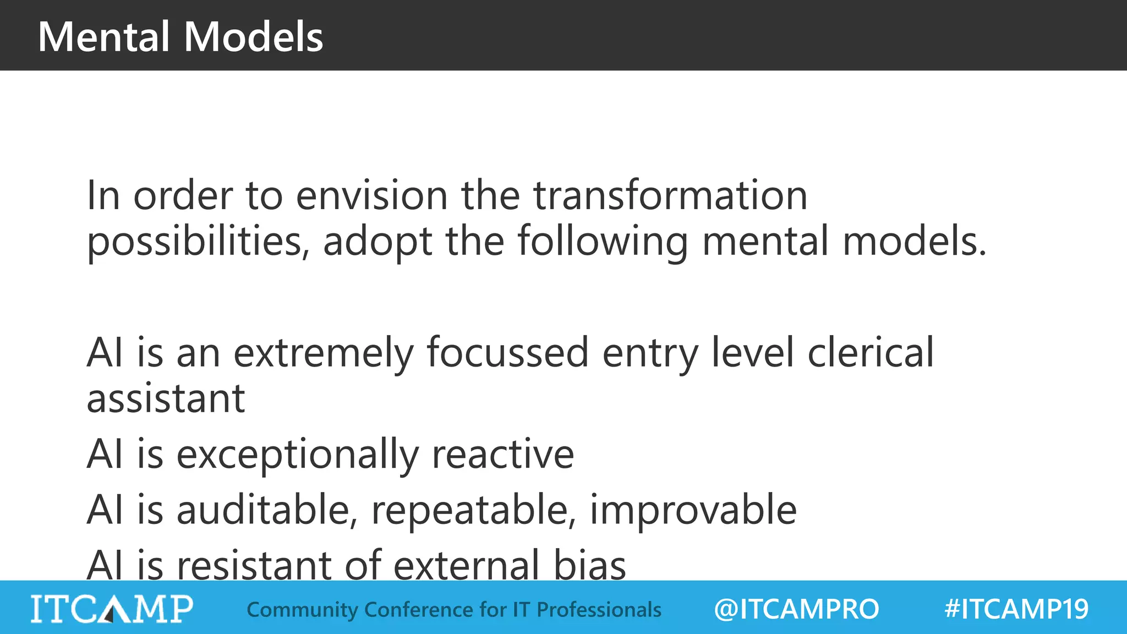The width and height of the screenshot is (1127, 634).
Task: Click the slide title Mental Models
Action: click(180, 37)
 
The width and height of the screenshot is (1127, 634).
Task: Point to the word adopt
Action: click(378, 242)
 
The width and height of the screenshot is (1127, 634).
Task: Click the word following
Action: click(603, 242)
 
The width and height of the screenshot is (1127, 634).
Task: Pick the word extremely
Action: click(324, 353)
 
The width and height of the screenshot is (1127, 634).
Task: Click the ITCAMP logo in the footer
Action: click(112, 609)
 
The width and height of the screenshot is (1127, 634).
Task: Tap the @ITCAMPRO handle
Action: click(796, 609)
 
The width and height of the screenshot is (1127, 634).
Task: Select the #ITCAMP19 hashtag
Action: click(1016, 609)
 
